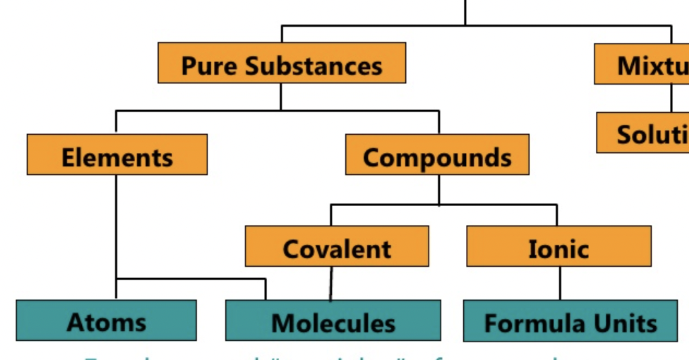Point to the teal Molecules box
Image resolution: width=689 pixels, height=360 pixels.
click(333, 321)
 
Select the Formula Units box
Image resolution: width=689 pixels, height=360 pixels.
click(570, 321)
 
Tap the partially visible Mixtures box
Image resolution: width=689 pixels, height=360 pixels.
click(642, 64)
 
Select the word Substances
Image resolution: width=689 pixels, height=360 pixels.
click(313, 66)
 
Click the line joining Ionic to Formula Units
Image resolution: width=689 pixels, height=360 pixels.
click(560, 283)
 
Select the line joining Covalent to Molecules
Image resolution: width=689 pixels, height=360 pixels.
click(330, 284)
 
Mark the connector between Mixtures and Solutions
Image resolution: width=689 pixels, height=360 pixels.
click(671, 98)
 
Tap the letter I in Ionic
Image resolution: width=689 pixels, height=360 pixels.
click(533, 248)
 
